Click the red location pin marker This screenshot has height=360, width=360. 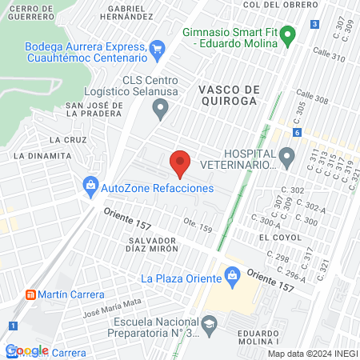(180, 162)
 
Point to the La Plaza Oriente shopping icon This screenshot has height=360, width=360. (233, 278)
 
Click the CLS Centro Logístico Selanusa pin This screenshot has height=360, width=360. (162, 108)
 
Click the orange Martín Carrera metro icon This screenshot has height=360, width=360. (30, 294)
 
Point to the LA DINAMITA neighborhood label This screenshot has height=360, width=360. (38, 154)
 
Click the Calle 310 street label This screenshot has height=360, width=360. (329, 58)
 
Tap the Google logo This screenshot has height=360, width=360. (26, 350)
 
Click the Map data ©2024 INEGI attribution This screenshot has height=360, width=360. (312, 353)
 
